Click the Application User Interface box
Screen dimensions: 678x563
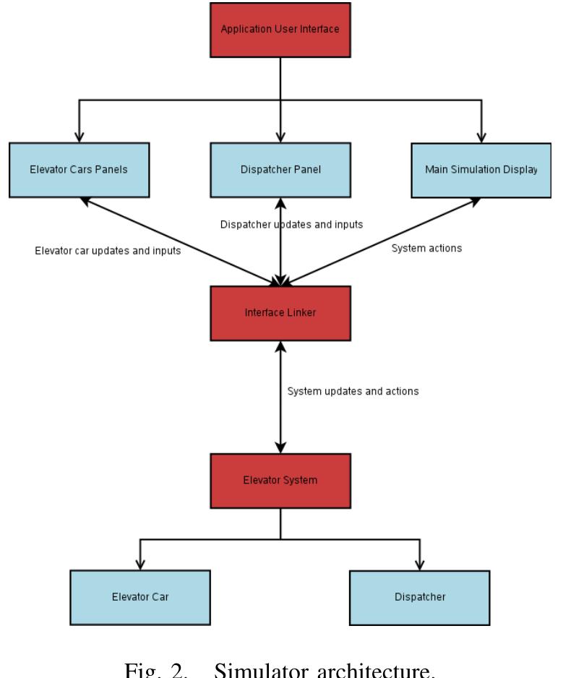pyautogui.click(x=280, y=30)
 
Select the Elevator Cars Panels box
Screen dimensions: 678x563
pyautogui.click(x=80, y=170)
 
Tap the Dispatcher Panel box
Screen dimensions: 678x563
pyautogui.click(x=280, y=170)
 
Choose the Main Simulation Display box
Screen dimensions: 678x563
pyautogui.click(x=481, y=170)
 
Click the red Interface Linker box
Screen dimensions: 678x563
pyautogui.click(x=280, y=313)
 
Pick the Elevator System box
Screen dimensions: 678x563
pyautogui.click(x=280, y=481)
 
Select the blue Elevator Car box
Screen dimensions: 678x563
pyautogui.click(x=140, y=597)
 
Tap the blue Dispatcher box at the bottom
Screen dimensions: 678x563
pyautogui.click(x=419, y=597)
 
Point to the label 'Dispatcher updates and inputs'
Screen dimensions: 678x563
pyautogui.click(x=291, y=225)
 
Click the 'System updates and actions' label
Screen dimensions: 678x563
pyautogui.click(x=353, y=391)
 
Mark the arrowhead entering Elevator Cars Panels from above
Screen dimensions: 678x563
pyautogui.click(x=80, y=136)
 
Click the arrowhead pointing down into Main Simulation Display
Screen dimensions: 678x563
pyautogui.click(x=481, y=136)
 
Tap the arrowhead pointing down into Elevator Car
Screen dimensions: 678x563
pyautogui.click(x=139, y=564)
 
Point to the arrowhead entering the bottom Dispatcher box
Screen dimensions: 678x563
pyautogui.click(x=419, y=564)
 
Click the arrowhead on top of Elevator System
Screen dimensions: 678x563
pyautogui.click(x=280, y=447)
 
